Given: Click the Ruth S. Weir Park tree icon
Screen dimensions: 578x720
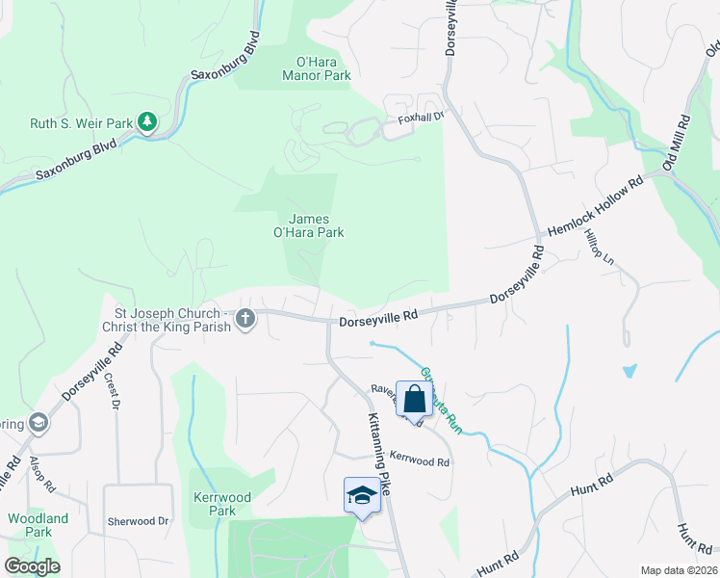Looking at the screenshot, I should [146, 122].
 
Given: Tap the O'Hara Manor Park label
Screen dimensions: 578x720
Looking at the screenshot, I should [316, 68].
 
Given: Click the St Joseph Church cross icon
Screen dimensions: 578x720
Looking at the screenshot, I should [245, 319].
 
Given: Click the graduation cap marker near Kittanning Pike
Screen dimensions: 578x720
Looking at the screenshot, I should [362, 496].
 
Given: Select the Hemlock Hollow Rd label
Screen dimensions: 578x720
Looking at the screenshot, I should [594, 206].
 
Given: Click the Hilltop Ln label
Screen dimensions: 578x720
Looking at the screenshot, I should [598, 250].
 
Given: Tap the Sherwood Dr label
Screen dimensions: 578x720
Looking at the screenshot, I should [137, 521].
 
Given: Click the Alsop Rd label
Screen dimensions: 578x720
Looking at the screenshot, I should [37, 473].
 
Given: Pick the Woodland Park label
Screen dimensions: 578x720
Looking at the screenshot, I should [38, 525].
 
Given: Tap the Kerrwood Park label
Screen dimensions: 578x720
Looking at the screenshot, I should [222, 504].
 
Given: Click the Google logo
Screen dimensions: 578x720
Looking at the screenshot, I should [32, 566].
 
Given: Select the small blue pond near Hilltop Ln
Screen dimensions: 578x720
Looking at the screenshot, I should [630, 370].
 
